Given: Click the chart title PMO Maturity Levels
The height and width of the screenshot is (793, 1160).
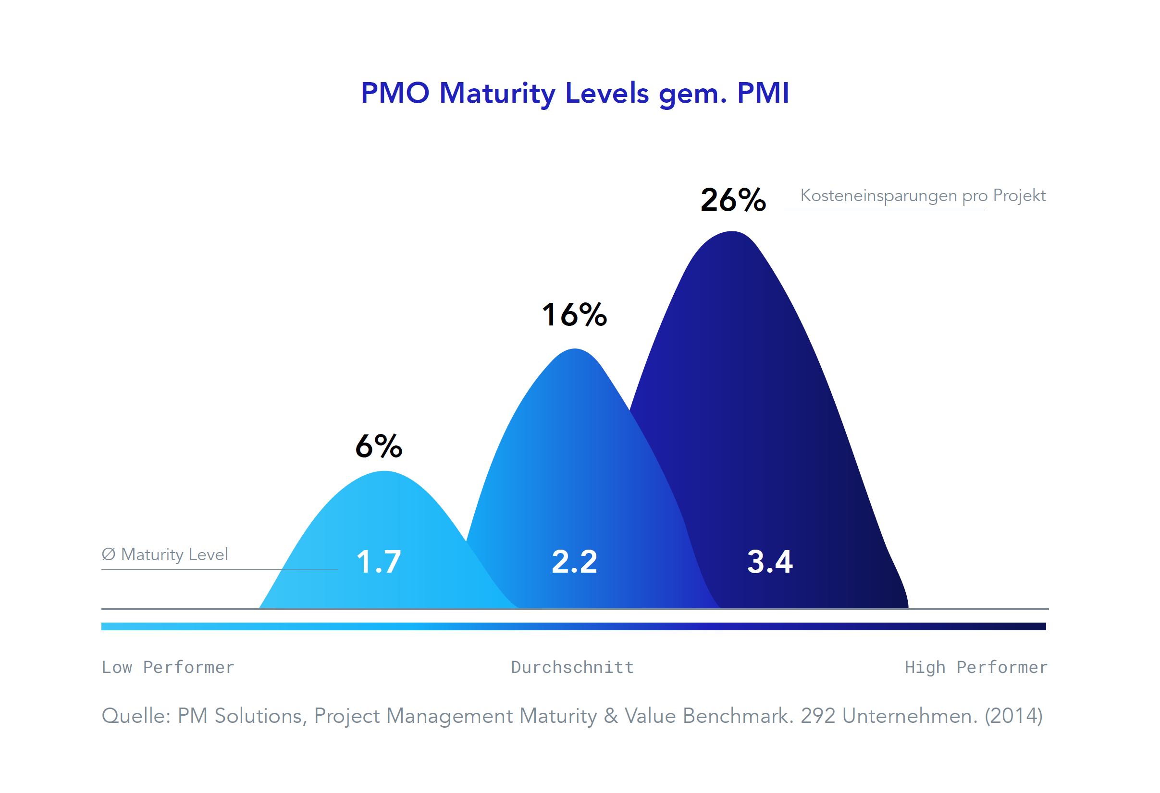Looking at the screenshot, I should coord(575,93).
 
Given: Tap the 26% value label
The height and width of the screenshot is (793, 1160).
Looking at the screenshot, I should coord(733,200).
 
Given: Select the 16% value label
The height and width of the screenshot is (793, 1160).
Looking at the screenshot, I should coord(575,315).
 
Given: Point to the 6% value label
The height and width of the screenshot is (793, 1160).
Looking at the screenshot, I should coord(378,446).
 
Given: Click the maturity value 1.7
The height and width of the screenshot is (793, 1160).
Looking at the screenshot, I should coord(378,562).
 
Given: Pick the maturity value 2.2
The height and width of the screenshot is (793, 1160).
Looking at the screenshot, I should coord(575,562).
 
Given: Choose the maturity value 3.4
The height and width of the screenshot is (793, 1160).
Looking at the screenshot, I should coord(770,562).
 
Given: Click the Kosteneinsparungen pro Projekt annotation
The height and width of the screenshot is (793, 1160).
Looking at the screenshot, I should coord(923,195).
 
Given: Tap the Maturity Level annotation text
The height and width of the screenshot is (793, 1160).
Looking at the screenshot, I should coord(165,554).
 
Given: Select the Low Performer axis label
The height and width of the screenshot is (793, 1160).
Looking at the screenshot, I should coord(168,667).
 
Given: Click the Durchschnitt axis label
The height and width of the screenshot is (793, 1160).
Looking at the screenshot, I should coord(572,667).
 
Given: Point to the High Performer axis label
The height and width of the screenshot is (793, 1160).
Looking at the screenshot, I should coord(976,667).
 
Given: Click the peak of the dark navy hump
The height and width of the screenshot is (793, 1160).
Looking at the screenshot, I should coord(732,233).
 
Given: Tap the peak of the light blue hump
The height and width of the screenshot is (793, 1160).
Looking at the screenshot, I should coord(384,473).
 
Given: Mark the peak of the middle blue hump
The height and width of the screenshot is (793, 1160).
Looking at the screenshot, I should coord(575,351).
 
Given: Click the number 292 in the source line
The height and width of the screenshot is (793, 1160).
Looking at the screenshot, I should coord(818,716).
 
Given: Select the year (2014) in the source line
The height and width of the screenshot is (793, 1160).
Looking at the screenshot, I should coord(1013,716).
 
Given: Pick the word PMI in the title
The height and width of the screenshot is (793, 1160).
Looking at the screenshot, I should coord(763,93).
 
